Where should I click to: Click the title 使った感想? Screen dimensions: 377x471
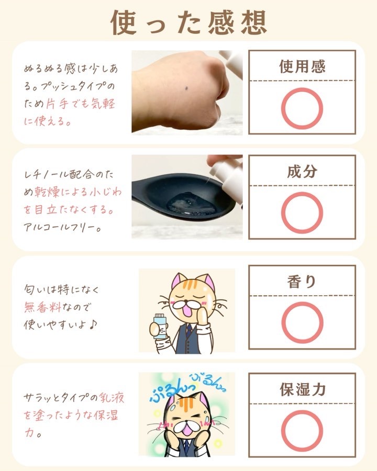click(188, 23)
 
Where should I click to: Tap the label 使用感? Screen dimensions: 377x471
click(302, 66)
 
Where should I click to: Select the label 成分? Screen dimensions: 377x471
click(302, 171)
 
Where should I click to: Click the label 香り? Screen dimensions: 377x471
click(302, 282)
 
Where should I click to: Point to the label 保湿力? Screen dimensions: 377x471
click(303, 389)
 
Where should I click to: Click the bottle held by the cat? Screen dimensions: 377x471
click(160, 326)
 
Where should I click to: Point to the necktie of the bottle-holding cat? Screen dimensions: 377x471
click(188, 330)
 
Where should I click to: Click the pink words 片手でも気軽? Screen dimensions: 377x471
click(81, 104)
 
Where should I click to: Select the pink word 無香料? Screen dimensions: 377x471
click(42, 307)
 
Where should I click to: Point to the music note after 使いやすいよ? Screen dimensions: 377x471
click(93, 324)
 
